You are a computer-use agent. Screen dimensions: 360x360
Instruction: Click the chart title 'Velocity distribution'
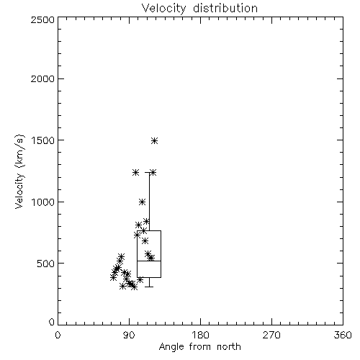click(199, 9)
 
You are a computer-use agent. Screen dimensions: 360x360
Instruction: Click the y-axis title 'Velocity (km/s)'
click(19, 171)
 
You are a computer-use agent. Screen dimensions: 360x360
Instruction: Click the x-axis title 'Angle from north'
click(199, 347)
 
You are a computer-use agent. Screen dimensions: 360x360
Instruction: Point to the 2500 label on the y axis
click(42, 19)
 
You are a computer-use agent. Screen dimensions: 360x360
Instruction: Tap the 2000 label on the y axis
click(42, 78)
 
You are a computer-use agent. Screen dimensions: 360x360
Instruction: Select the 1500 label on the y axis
click(42, 140)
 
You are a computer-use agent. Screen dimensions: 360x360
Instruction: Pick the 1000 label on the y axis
click(42, 202)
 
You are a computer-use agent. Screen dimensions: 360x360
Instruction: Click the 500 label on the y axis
click(46, 264)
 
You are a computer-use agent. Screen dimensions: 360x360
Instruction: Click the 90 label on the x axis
click(130, 335)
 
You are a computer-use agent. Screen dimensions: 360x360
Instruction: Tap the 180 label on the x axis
click(200, 335)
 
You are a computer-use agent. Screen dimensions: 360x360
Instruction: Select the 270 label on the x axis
click(271, 335)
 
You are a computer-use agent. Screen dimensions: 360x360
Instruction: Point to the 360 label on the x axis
click(343, 335)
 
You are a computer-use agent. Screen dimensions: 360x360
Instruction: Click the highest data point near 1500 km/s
click(155, 140)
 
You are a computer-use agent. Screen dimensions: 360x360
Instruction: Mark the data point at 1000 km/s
click(143, 202)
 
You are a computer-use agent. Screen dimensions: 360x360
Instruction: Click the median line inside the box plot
click(149, 261)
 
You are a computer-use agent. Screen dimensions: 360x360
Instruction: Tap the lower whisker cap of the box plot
click(149, 287)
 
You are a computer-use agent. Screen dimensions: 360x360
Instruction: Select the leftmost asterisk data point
click(113, 278)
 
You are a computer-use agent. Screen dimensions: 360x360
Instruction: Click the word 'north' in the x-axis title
click(229, 347)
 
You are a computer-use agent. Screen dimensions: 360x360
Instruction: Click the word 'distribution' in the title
click(225, 9)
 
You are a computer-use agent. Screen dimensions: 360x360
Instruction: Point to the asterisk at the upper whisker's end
click(153, 173)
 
